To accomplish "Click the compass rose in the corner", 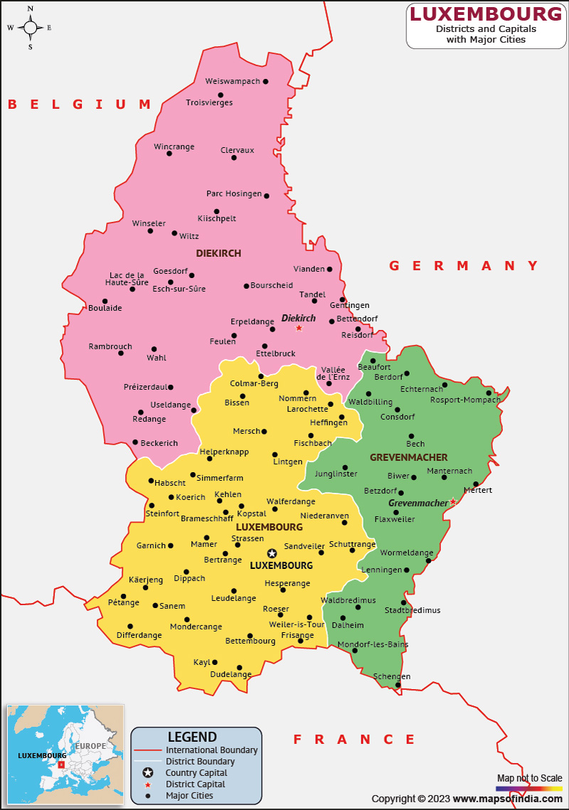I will click(31, 28).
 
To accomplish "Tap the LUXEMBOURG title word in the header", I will click(486, 14).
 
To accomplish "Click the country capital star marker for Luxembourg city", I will click(272, 553).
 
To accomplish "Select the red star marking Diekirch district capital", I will click(299, 328).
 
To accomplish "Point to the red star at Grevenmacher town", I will click(453, 502).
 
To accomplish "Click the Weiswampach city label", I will click(233, 81).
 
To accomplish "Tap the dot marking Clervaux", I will click(234, 157).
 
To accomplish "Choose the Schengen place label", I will click(392, 676).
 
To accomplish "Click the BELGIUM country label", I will click(80, 105).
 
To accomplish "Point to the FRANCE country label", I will click(354, 740).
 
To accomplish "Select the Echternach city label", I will click(422, 389).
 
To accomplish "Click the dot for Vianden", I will click(330, 270).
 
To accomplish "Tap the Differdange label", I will click(139, 635).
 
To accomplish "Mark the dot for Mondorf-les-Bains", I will click(355, 651).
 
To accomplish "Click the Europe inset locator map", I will click(64, 754).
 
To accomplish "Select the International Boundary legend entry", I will click(211, 750).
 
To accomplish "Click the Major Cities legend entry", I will click(189, 795).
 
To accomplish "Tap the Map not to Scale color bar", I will click(528, 788).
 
